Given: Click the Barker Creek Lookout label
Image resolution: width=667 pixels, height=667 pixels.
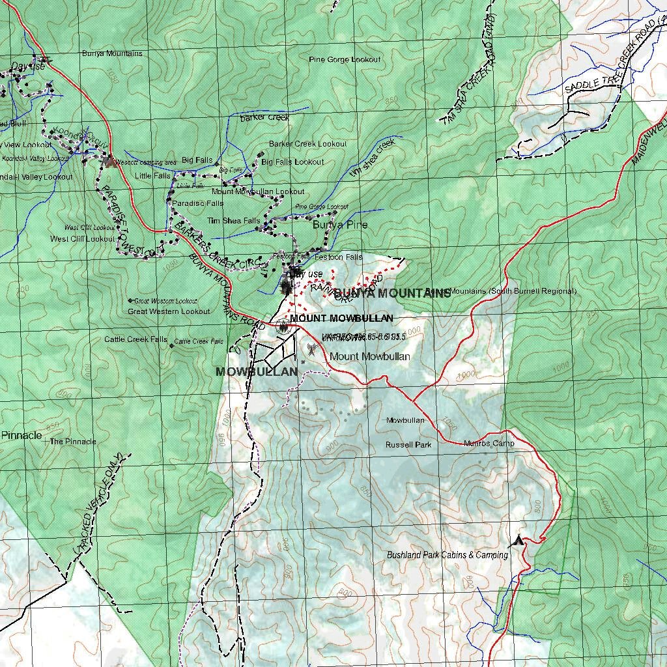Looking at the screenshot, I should [x=307, y=144].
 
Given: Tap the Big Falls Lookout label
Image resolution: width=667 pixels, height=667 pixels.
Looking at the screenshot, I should [x=292, y=162].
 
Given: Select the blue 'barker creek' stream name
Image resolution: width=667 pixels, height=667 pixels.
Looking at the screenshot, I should [x=264, y=118].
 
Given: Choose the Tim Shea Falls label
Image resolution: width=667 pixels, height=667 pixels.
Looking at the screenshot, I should [x=233, y=221].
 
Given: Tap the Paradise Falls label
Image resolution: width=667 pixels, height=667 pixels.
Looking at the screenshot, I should [x=197, y=203].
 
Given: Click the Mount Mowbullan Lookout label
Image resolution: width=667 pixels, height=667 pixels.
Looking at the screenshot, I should [x=258, y=192].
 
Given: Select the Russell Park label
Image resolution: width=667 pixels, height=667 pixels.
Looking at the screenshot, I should [x=408, y=446].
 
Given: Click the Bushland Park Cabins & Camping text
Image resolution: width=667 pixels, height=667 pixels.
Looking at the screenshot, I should [x=447, y=556].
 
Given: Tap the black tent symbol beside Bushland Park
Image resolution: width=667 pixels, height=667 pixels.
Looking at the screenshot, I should [x=518, y=540].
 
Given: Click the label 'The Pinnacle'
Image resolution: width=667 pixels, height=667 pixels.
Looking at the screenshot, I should [x=73, y=442].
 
